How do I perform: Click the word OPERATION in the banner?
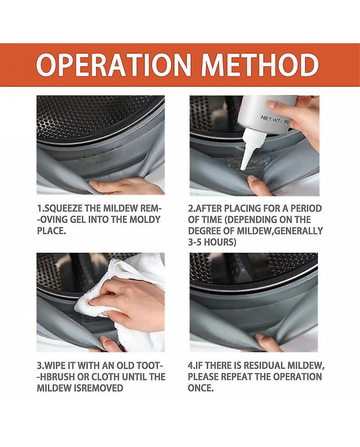[113, 65]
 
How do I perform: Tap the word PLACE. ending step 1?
[51, 230]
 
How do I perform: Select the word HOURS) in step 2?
[220, 242]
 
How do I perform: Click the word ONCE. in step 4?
[201, 388]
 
